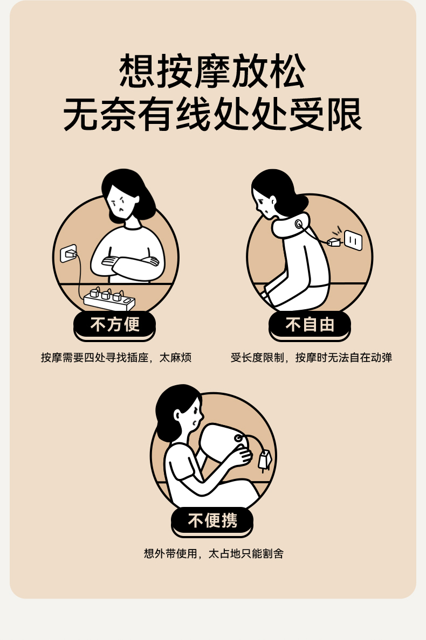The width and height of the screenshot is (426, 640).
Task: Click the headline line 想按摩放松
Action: click(212, 71)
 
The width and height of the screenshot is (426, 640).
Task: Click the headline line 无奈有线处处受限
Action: click(212, 115)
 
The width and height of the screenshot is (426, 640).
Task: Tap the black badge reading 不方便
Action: click(114, 325)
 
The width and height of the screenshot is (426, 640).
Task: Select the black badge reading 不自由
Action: click(310, 325)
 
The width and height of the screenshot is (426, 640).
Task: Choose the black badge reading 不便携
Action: click(212, 521)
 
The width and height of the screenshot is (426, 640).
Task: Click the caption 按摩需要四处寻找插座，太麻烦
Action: click(116, 358)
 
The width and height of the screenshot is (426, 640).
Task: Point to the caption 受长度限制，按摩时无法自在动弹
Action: click(311, 358)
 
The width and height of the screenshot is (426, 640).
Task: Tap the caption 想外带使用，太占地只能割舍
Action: click(214, 554)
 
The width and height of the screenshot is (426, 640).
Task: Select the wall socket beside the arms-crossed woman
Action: click(68, 254)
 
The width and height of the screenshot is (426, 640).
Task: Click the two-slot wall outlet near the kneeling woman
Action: click(353, 240)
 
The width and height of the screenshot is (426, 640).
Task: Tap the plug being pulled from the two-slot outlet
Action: click(334, 242)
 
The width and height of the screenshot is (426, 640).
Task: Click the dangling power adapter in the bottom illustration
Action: click(265, 460)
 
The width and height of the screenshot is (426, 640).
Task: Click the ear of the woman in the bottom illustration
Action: click(177, 415)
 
